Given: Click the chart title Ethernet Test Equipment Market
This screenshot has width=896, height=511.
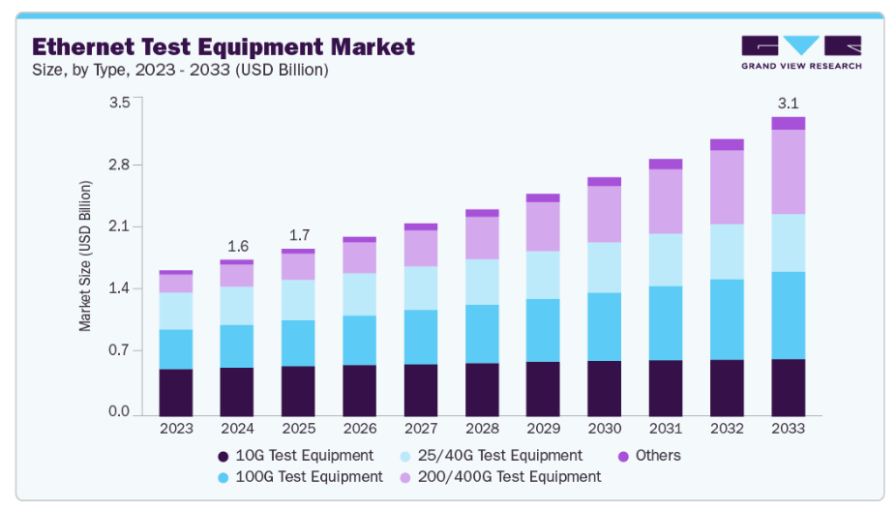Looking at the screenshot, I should (x=224, y=46).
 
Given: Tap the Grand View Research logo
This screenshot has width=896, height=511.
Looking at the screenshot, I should (x=800, y=52).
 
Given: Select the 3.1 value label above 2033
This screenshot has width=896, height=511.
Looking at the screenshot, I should (x=788, y=104).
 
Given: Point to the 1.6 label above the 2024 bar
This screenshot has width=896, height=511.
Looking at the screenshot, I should (x=237, y=247).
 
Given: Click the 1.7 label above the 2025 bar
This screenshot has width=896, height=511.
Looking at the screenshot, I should (x=298, y=235).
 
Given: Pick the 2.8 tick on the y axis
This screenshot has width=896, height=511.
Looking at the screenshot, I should (x=118, y=165).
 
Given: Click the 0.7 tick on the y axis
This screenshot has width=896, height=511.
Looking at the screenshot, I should (x=118, y=350).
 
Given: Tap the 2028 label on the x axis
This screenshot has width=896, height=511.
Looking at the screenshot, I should (x=482, y=428).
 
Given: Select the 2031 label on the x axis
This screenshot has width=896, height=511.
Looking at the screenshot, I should (x=666, y=428).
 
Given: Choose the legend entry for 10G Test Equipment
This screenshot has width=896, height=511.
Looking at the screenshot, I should (x=295, y=456).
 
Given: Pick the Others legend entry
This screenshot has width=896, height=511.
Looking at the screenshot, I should (x=648, y=456).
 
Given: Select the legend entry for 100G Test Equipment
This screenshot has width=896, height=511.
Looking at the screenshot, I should (x=300, y=477).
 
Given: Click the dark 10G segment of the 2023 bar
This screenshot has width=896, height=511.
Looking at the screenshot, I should (x=176, y=392).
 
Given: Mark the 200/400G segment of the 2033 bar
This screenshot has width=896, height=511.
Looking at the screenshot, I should (x=789, y=171).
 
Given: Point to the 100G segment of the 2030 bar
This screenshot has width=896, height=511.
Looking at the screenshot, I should (x=605, y=326).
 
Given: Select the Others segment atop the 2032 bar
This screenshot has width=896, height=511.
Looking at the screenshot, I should (x=727, y=144).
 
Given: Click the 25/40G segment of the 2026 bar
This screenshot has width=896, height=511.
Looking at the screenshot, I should (x=360, y=294).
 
